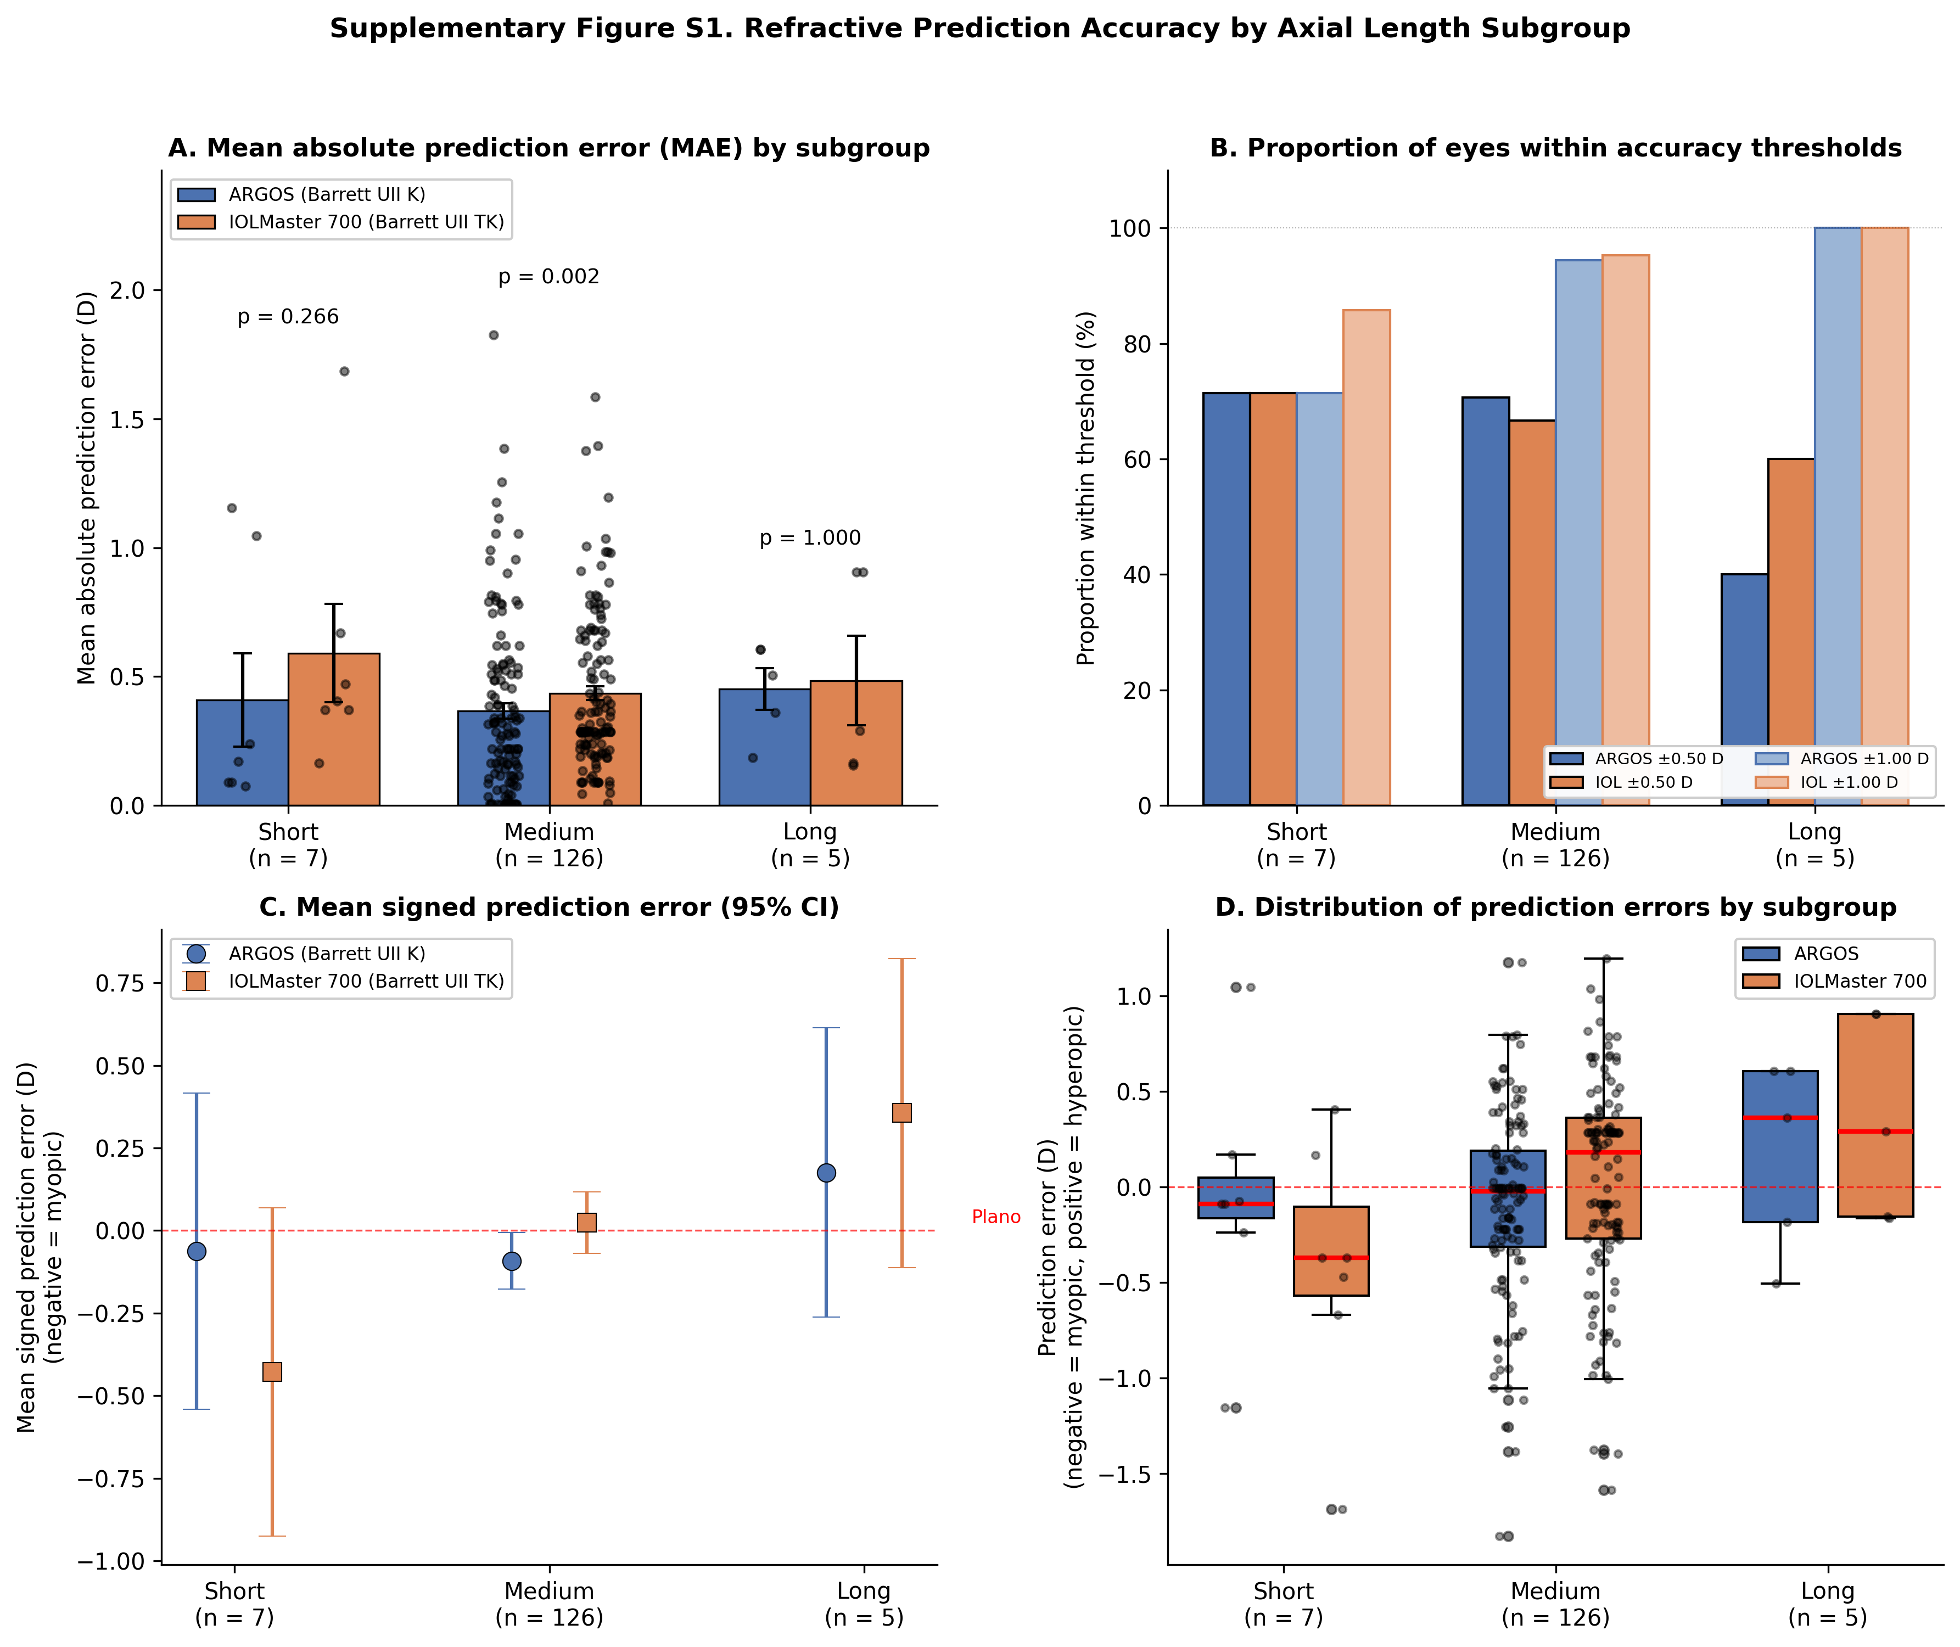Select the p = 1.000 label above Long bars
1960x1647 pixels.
810,538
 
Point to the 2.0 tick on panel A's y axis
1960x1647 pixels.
128,290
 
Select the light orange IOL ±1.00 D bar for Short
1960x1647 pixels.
1366,557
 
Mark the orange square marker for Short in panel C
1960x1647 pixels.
272,1371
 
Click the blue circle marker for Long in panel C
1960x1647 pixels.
826,1173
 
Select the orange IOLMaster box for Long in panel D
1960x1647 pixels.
1875,1115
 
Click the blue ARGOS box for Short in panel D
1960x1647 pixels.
1235,1198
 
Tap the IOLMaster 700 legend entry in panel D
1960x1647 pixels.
1835,981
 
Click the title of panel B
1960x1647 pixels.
1556,148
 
